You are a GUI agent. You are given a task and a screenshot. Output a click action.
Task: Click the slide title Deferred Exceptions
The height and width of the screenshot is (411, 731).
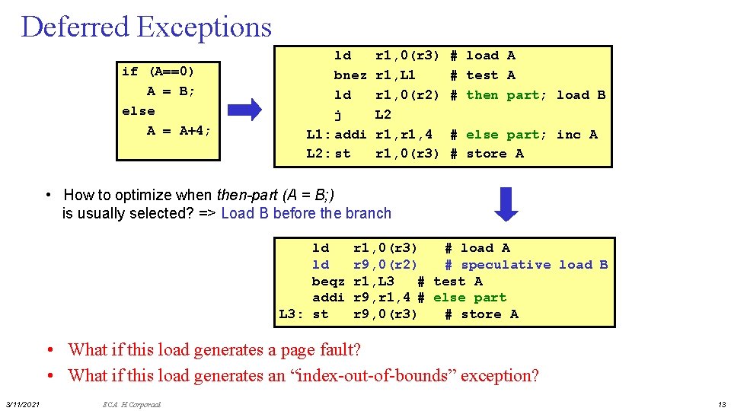tap(146, 27)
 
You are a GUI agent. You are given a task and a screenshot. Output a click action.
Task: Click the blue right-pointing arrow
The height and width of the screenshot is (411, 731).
tap(244, 110)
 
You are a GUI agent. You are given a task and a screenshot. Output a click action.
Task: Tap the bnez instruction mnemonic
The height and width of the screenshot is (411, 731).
tap(350, 75)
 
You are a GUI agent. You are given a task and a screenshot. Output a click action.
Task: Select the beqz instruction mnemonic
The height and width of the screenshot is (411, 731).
tap(328, 282)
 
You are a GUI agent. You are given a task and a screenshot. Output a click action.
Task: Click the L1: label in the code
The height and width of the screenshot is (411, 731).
tap(319, 135)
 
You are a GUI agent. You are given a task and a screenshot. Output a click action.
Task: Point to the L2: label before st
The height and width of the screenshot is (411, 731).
tap(319, 154)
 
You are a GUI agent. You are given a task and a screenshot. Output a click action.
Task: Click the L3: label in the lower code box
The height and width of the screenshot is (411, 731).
tap(292, 314)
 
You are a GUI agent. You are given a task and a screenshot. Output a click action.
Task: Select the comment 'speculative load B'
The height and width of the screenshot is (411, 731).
tap(534, 265)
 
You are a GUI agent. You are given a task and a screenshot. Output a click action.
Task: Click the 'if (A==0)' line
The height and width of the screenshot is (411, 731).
tap(158, 72)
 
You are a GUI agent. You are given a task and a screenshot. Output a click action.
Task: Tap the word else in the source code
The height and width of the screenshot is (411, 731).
tap(138, 111)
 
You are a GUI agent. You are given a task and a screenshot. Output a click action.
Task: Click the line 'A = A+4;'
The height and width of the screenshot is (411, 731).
tap(179, 131)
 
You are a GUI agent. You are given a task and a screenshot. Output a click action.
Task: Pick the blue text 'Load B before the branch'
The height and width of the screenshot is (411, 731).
tap(306, 214)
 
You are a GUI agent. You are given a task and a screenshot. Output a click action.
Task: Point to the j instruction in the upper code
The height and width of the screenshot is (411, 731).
tap(338, 115)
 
